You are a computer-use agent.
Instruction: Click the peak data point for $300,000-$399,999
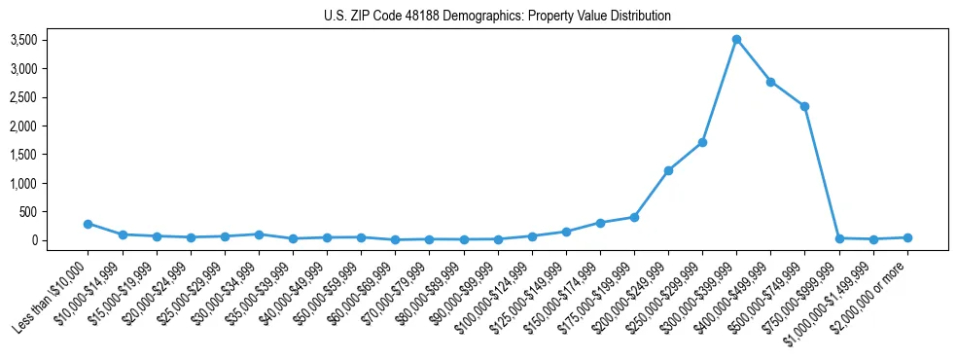pyautogui.click(x=736, y=39)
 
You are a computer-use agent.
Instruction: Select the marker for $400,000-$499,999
pyautogui.click(x=770, y=82)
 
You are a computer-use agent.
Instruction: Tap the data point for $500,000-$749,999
pyautogui.click(x=804, y=106)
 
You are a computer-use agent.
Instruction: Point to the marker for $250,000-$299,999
pyautogui.click(x=702, y=142)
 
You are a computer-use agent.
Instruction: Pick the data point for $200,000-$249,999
pyautogui.click(x=668, y=170)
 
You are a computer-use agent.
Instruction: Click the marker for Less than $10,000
pyautogui.click(x=88, y=224)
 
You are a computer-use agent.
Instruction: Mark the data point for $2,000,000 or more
pyautogui.click(x=907, y=237)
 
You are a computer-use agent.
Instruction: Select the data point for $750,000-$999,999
pyautogui.click(x=838, y=238)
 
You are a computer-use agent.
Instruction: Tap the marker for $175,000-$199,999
pyautogui.click(x=634, y=217)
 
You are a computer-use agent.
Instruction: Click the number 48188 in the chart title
pyautogui.click(x=424, y=17)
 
